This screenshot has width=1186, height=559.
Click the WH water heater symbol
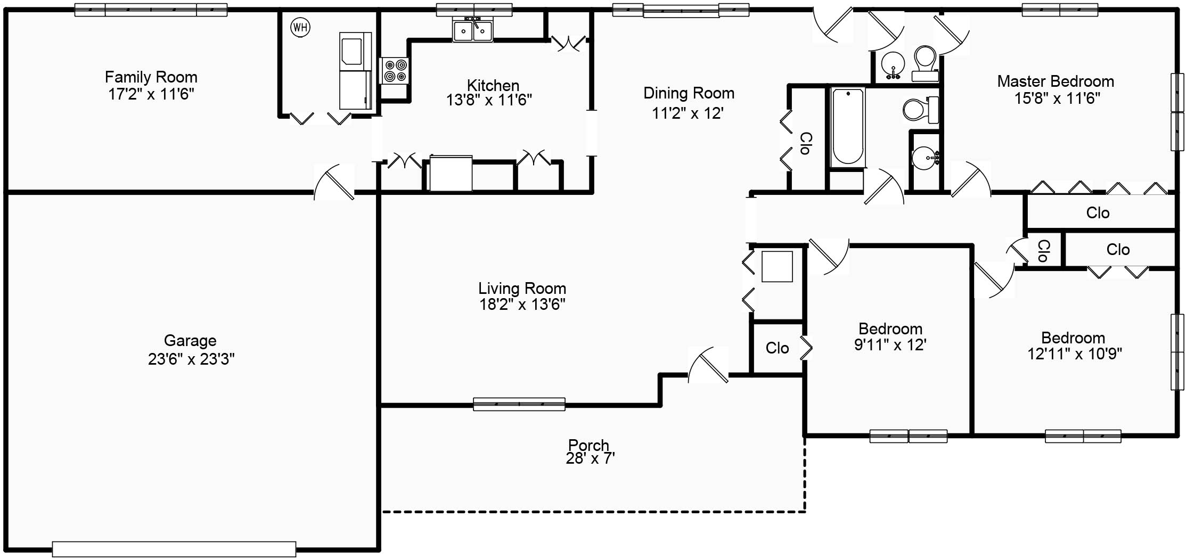300,27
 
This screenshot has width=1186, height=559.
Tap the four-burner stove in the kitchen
395,71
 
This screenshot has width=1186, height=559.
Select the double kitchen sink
472,30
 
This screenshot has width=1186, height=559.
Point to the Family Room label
151,77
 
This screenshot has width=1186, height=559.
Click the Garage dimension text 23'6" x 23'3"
191,359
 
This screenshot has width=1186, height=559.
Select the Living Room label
522,289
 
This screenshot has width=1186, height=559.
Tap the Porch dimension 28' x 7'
590,458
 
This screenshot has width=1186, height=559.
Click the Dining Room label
689,93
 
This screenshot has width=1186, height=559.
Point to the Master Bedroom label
1056,81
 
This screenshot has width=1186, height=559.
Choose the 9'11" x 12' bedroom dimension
890,345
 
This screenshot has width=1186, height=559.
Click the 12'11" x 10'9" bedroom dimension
1074,354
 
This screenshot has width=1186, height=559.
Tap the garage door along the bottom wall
174,549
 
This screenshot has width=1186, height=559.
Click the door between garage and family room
334,182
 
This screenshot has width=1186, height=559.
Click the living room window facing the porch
519,404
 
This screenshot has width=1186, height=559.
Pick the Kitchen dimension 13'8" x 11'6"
489,100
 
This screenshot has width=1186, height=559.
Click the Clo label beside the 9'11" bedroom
777,348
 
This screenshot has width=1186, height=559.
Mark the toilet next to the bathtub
921,110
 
